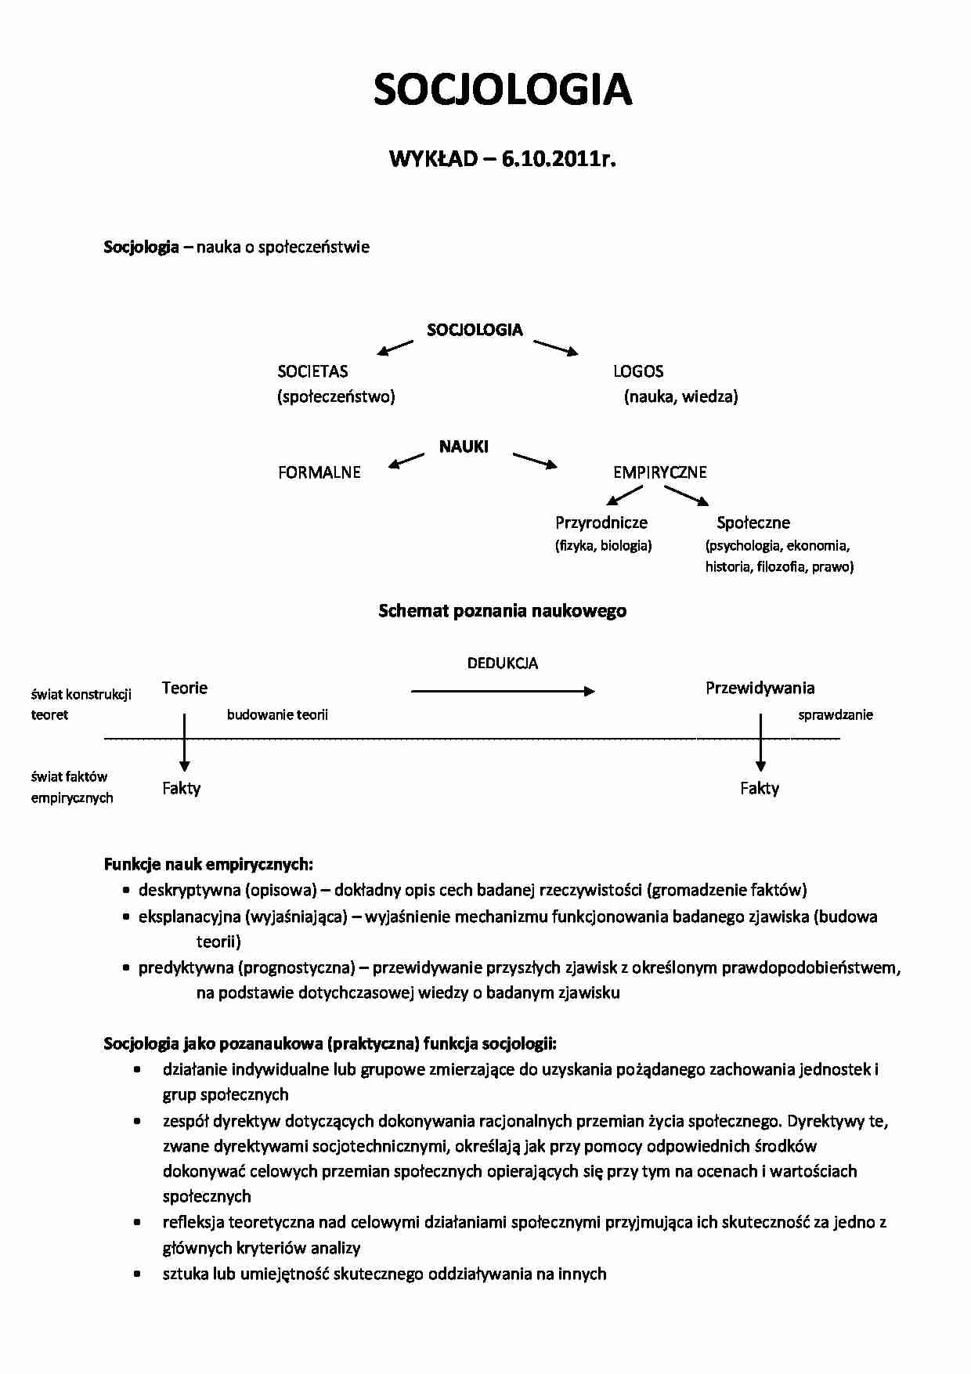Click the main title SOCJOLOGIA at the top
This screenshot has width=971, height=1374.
pyautogui.click(x=502, y=90)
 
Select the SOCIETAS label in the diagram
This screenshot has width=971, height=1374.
pyautogui.click(x=312, y=371)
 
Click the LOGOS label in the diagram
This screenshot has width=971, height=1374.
pyautogui.click(x=638, y=371)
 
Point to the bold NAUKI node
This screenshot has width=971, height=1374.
pyautogui.click(x=464, y=447)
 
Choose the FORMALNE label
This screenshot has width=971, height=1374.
pyautogui.click(x=319, y=472)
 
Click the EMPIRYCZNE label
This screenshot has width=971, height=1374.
pyautogui.click(x=660, y=472)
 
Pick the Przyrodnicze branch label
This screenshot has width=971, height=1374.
pyautogui.click(x=601, y=522)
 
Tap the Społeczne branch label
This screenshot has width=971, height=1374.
pyautogui.click(x=753, y=522)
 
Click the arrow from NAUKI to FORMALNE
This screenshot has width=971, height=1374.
pyautogui.click(x=406, y=461)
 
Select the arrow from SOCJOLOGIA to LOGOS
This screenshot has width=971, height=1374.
pyautogui.click(x=556, y=347)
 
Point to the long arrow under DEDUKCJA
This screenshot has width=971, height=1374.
pyautogui.click(x=503, y=691)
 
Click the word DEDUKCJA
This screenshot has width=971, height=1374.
pyautogui.click(x=503, y=663)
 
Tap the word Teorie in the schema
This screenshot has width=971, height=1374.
pyautogui.click(x=185, y=688)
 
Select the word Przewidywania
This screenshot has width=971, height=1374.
pyautogui.click(x=760, y=688)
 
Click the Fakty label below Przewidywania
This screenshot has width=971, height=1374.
pyautogui.click(x=760, y=788)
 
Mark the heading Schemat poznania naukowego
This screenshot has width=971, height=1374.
pyautogui.click(x=502, y=611)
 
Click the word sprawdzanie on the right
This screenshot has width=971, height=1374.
pyautogui.click(x=836, y=714)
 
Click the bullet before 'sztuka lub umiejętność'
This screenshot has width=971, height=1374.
pyautogui.click(x=138, y=1275)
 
